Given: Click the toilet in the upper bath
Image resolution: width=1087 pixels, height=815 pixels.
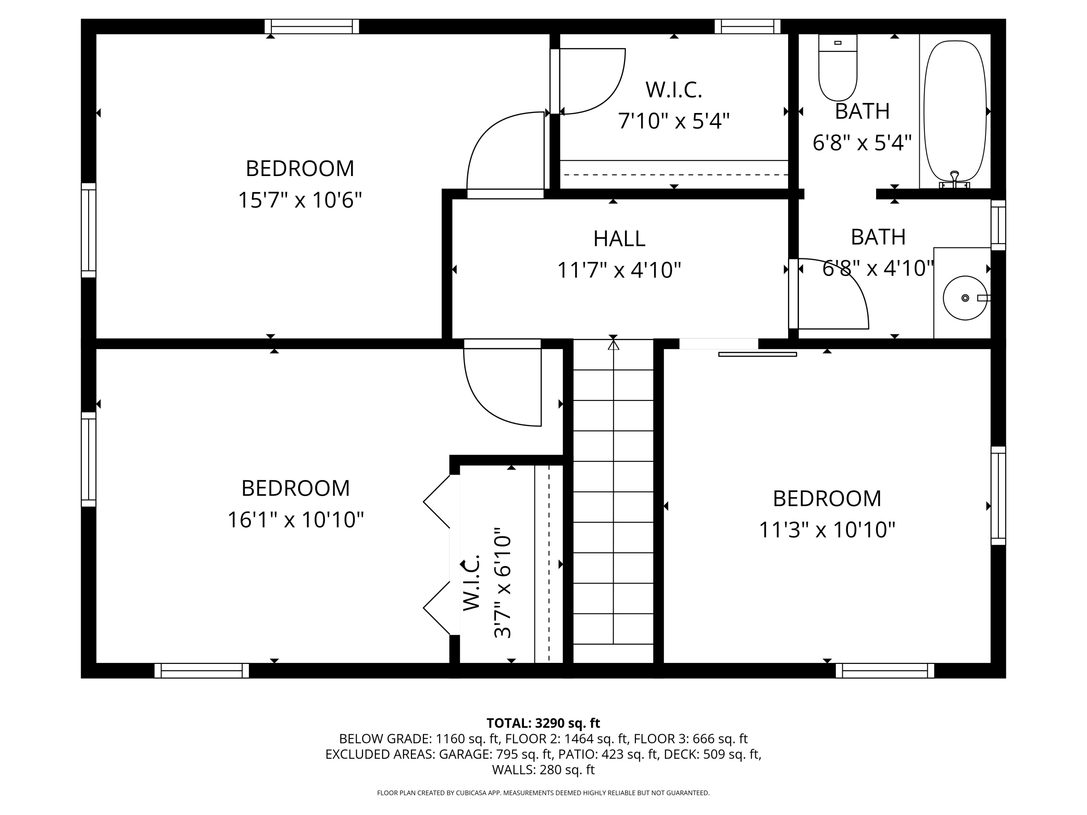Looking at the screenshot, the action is pyautogui.click(x=838, y=67).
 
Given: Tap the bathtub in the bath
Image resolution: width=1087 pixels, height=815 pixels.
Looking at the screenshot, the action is pyautogui.click(x=955, y=112).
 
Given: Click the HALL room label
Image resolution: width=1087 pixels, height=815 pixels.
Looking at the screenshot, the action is pyautogui.click(x=619, y=239).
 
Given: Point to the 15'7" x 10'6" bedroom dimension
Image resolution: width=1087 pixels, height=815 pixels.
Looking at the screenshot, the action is pyautogui.click(x=300, y=200).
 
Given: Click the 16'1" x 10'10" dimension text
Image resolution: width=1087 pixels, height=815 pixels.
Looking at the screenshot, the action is pyautogui.click(x=295, y=520).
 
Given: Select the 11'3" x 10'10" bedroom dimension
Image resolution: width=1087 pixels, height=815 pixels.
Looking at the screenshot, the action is pyautogui.click(x=827, y=530).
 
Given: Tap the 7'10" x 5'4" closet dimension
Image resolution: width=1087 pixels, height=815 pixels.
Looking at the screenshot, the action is pyautogui.click(x=674, y=121).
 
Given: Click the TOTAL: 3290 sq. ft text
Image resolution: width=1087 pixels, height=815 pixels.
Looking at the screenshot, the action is pyautogui.click(x=543, y=723).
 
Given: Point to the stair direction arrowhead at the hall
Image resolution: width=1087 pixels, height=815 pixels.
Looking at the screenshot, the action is pyautogui.click(x=613, y=345).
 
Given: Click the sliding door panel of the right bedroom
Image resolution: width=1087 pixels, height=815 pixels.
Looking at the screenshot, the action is pyautogui.click(x=757, y=354).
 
